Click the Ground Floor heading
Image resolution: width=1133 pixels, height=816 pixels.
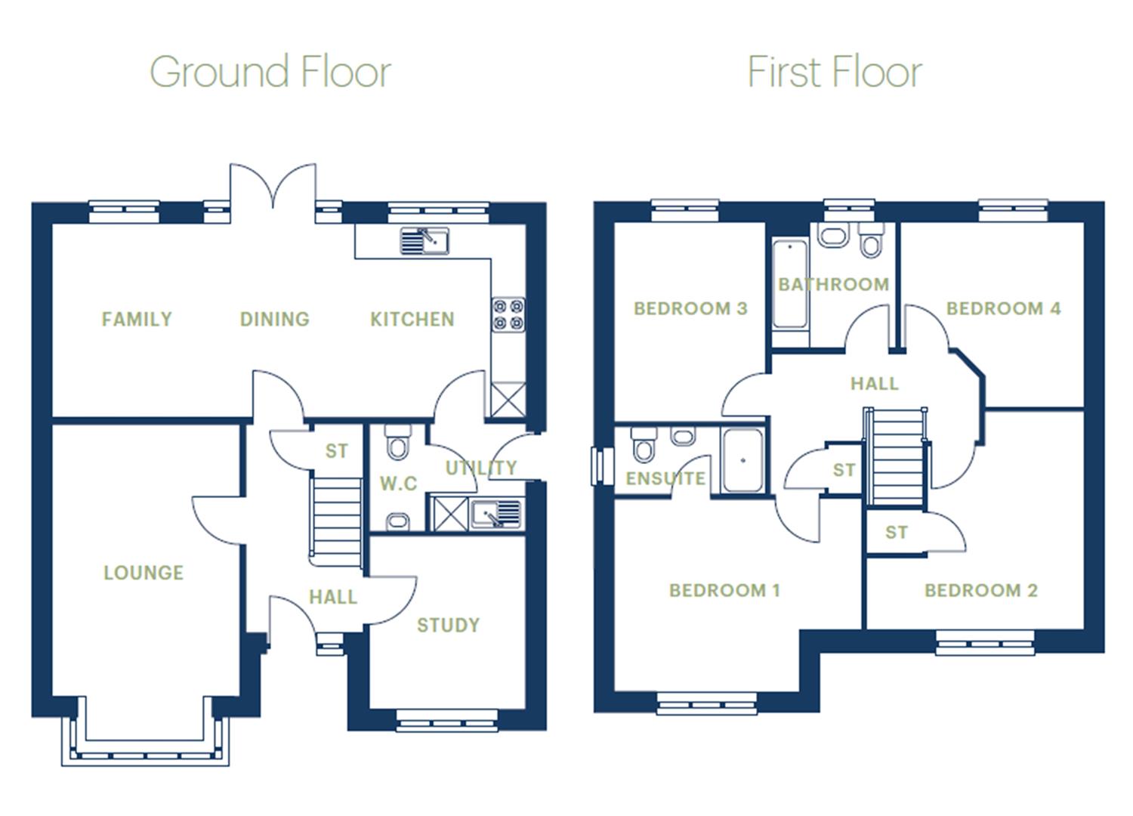coord(270,73)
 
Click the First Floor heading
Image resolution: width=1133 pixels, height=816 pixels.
coord(835,73)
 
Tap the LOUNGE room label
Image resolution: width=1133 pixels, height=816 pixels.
coord(144,573)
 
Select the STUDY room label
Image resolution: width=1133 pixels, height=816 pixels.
coord(449,625)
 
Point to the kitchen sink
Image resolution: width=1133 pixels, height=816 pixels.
coord(424,241)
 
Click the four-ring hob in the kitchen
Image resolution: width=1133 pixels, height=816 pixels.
coord(508,314)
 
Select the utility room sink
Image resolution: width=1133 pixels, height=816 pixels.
coord(496,515)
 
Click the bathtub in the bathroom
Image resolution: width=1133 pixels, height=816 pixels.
coord(790,283)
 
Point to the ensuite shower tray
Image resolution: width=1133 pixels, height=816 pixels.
coord(742,461)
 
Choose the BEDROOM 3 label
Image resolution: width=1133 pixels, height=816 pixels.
coord(690,308)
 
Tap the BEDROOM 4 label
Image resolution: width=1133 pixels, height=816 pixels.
coord(1003,308)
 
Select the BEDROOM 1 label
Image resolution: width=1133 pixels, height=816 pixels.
coord(724,590)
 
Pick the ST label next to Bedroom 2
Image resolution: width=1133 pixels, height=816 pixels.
coord(897,533)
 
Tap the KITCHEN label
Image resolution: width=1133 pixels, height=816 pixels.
coord(412,320)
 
